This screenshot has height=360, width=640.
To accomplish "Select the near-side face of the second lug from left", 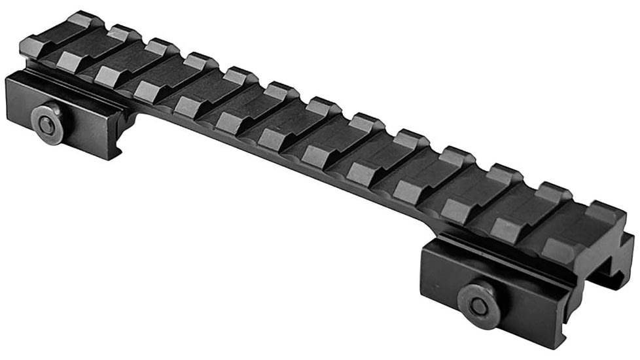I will pos(68,60).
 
